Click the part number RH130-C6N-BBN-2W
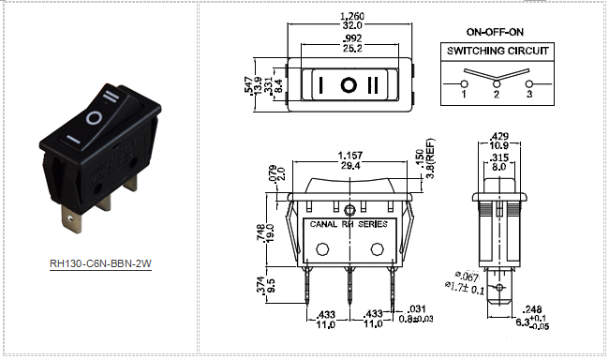click(x=100, y=263)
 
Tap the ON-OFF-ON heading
click(x=495, y=32)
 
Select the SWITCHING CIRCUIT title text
click(x=498, y=51)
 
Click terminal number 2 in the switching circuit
click(x=497, y=94)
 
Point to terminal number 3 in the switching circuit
click(x=529, y=94)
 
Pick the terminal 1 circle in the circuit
click(x=464, y=83)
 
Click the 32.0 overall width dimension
click(x=352, y=25)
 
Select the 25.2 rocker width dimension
click(x=352, y=48)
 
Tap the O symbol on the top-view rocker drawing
click(x=349, y=84)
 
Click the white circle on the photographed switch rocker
click(x=95, y=118)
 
